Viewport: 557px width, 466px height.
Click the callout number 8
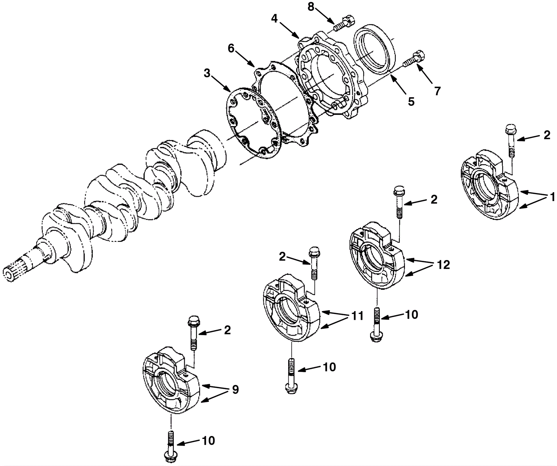[311, 7]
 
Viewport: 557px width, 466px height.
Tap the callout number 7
[437, 91]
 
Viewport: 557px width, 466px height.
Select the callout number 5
[411, 102]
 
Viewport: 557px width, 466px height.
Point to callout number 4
[275, 18]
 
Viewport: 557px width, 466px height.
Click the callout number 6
[231, 48]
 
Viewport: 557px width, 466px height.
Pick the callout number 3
[207, 73]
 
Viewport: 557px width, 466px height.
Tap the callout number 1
[552, 197]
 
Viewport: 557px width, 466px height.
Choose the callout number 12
[443, 265]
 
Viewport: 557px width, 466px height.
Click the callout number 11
[357, 316]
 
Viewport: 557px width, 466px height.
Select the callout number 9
[235, 389]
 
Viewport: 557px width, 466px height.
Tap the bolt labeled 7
[415, 60]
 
